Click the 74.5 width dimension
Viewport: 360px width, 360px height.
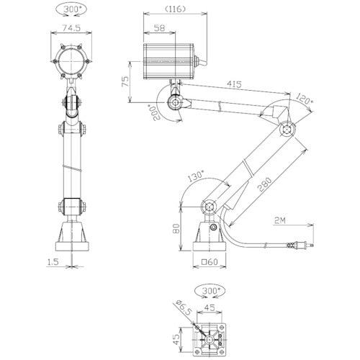click(x=70, y=29)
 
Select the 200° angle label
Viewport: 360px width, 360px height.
click(x=152, y=113)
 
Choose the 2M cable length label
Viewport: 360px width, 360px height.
click(x=282, y=220)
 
